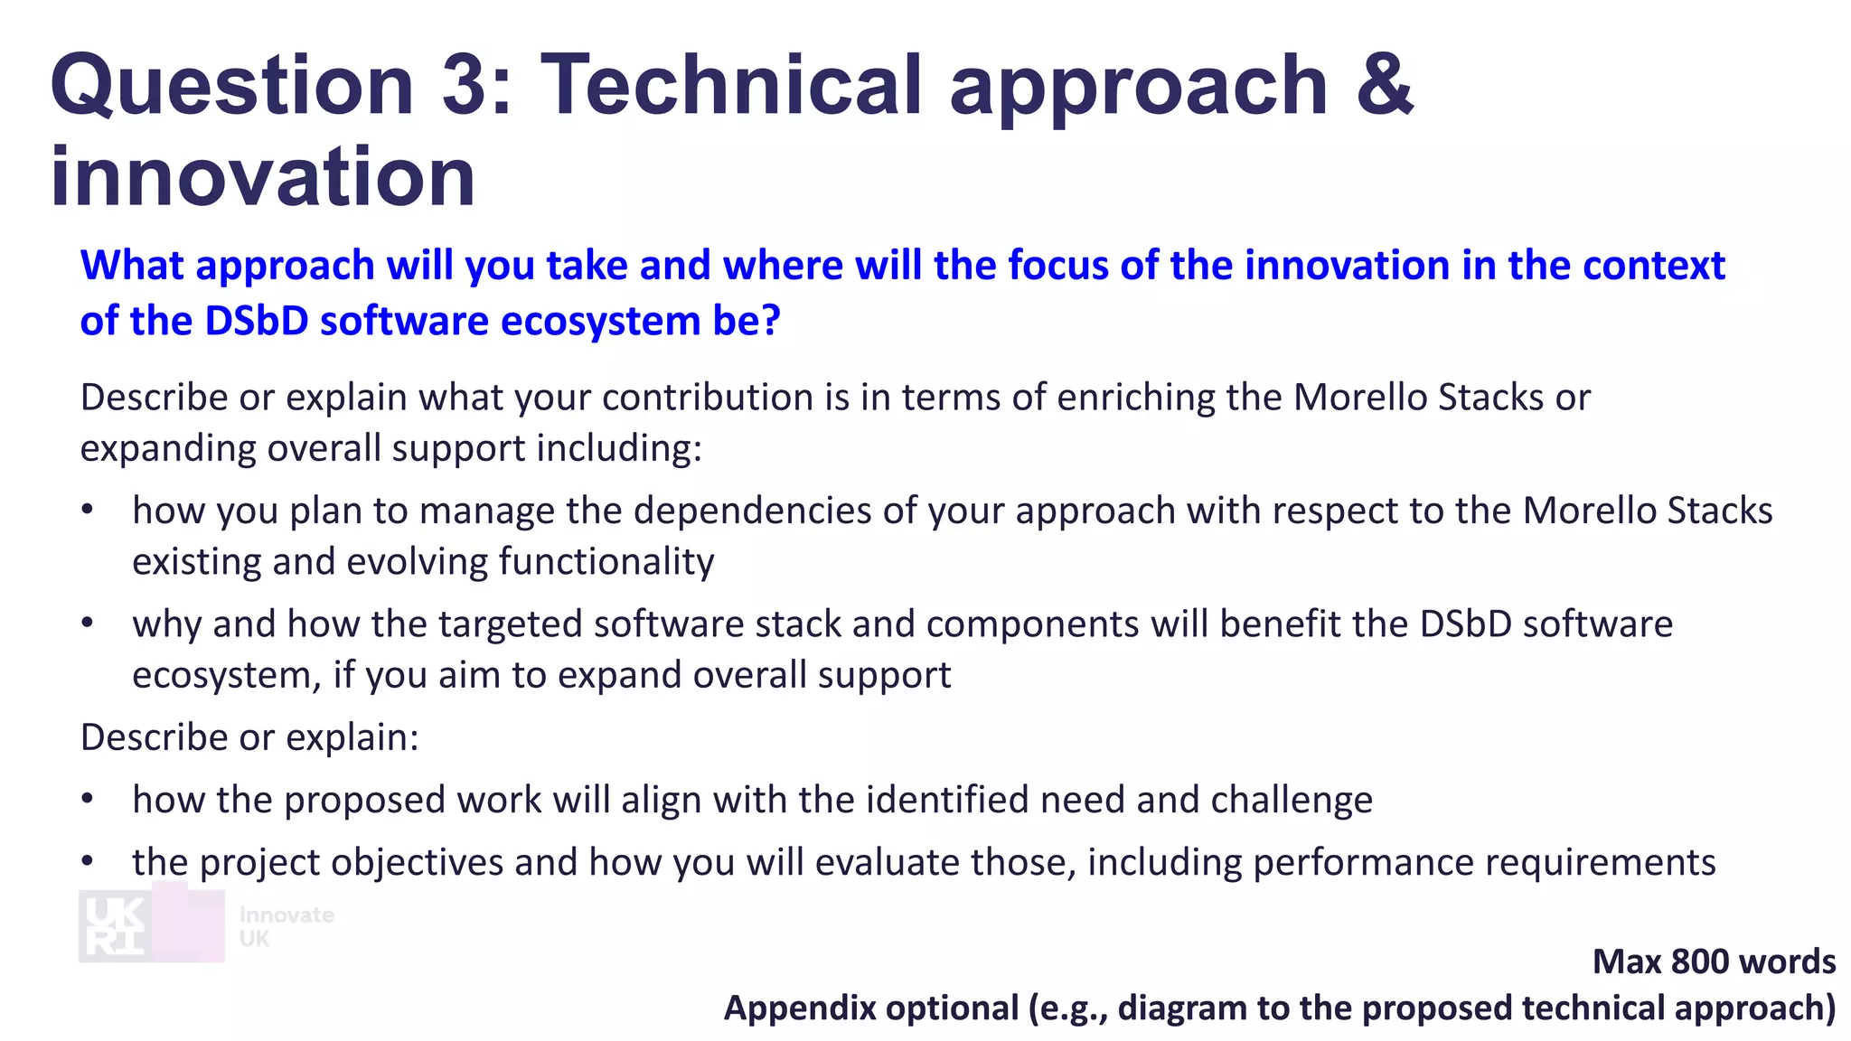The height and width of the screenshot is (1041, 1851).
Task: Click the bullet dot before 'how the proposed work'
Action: coord(88,800)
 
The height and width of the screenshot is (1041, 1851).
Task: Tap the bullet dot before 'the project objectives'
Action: coord(88,862)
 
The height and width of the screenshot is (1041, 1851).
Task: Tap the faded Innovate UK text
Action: coord(286,926)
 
